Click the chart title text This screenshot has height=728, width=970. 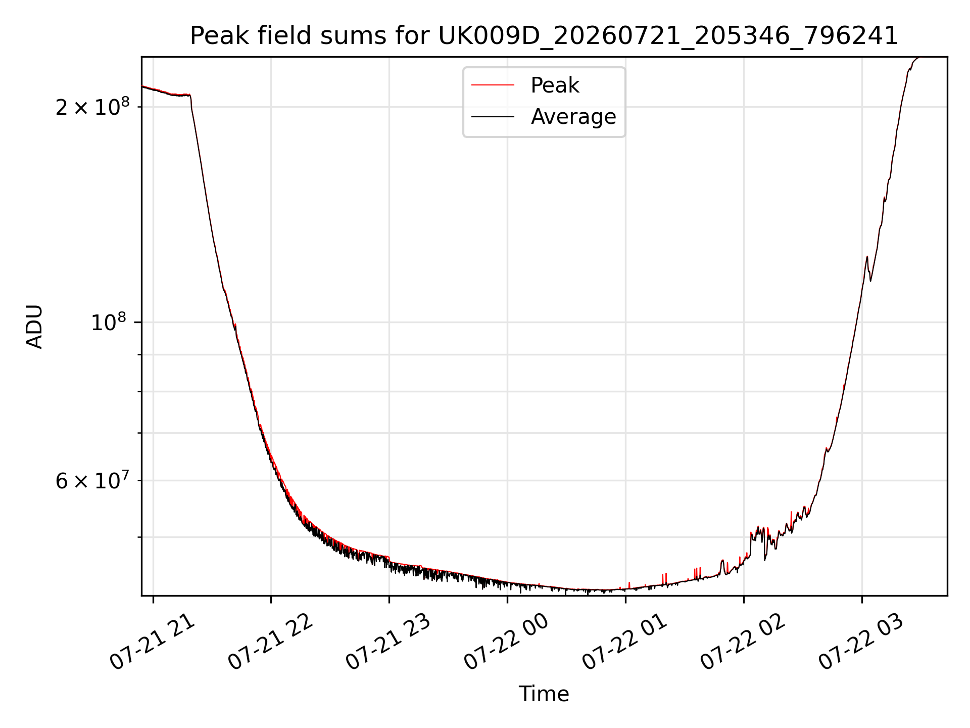point(544,36)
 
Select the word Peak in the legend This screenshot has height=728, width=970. point(555,85)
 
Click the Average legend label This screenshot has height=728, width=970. point(573,117)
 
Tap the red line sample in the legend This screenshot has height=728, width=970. point(493,85)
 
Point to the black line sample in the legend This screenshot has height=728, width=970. point(493,117)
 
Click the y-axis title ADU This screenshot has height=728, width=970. point(34,327)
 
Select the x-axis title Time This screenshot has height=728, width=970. point(544,694)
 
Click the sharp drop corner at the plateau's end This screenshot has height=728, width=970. point(190,96)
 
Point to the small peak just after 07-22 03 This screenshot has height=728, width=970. point(867,257)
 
